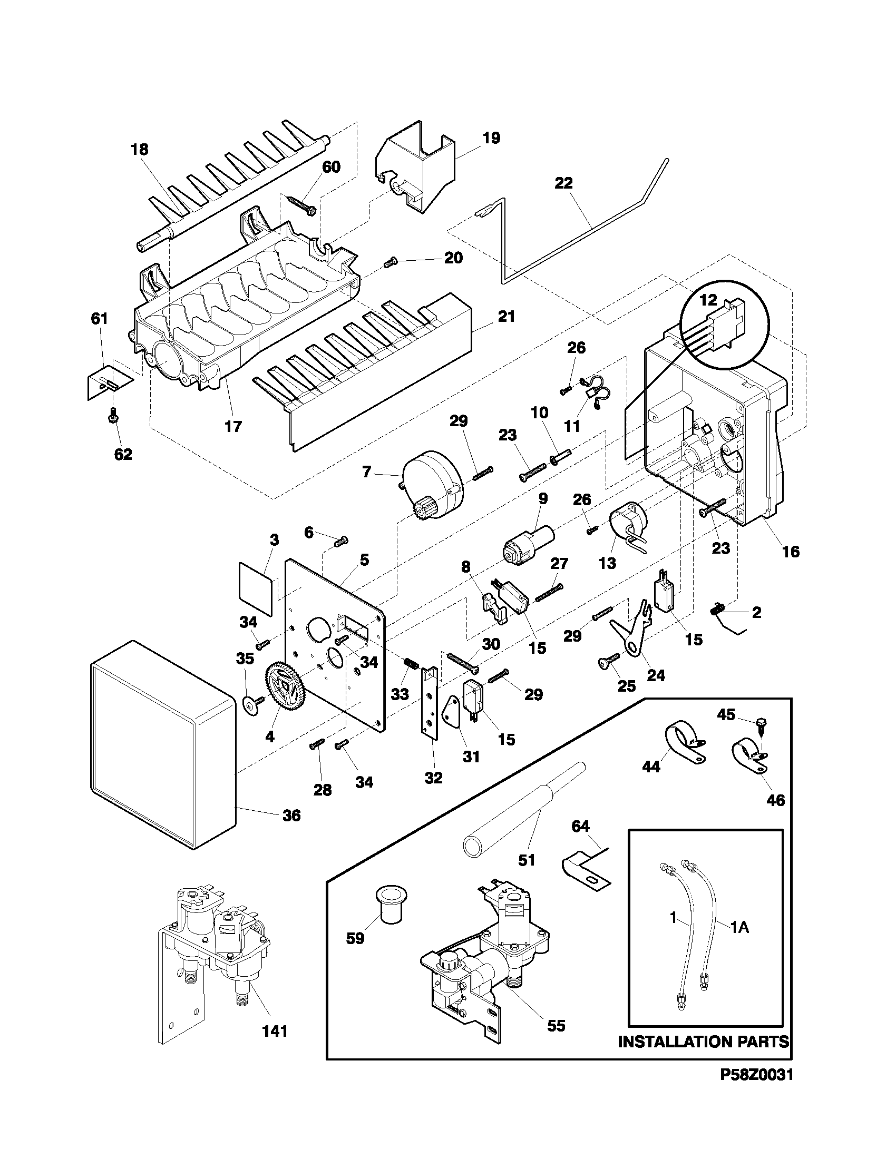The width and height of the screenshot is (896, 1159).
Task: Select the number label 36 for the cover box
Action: pos(291,815)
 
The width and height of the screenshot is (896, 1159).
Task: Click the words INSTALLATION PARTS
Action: pos(703,1042)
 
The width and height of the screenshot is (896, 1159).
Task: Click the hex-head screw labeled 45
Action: pos(757,724)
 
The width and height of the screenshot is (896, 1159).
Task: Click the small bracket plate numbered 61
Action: pos(108,380)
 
